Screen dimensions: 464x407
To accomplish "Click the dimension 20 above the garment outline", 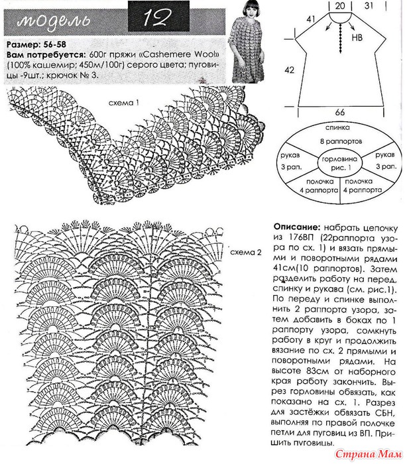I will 340,5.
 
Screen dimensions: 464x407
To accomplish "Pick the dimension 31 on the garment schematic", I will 373,5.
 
